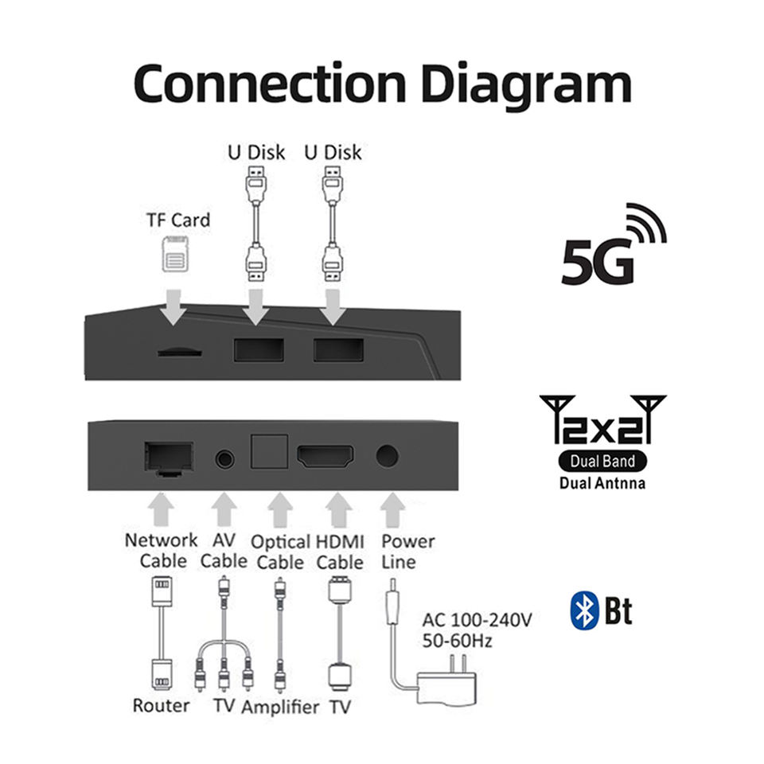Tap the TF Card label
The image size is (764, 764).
click(x=178, y=220)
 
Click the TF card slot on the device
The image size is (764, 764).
click(x=179, y=351)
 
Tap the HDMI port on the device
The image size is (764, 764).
click(x=325, y=457)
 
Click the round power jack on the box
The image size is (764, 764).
click(x=388, y=456)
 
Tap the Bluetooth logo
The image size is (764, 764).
click(x=584, y=611)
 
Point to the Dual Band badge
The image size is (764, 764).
click(x=602, y=460)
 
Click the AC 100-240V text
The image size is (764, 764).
click(x=476, y=620)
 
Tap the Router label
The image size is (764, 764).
click(x=162, y=705)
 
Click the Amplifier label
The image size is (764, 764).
click(x=280, y=707)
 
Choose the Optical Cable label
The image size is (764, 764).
click(x=280, y=552)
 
